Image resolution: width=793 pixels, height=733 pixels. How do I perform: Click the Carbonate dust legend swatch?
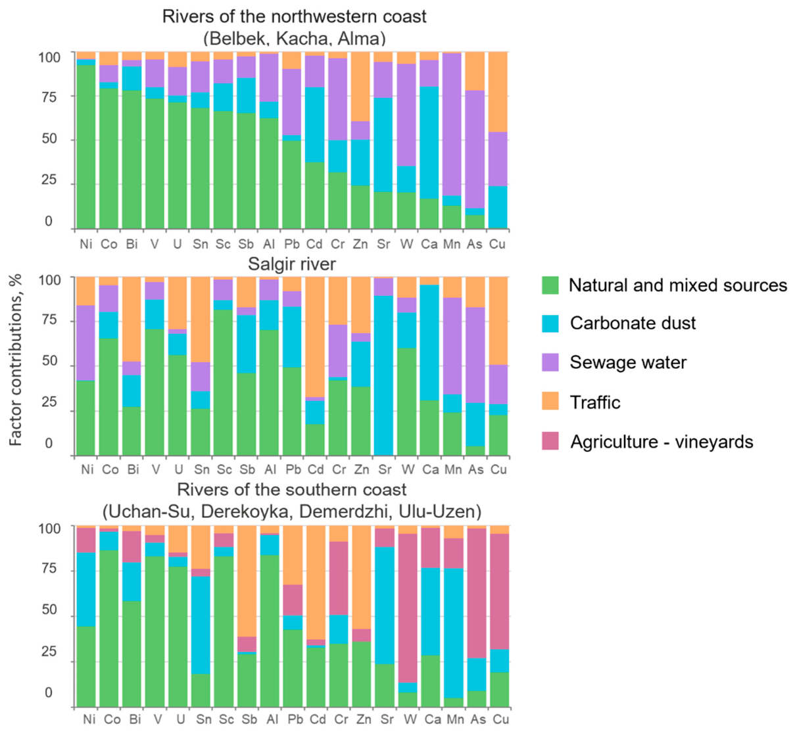coord(550,323)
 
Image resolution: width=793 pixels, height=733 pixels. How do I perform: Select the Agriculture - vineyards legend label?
coord(661,442)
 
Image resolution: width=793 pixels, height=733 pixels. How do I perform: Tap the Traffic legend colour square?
coord(550,402)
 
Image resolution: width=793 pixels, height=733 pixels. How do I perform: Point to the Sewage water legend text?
coord(628,362)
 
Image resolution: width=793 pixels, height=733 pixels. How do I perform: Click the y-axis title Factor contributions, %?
coord(16,360)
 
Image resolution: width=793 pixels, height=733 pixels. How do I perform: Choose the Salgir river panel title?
coord(292,264)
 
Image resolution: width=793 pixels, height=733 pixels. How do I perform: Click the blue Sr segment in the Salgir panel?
coord(384,375)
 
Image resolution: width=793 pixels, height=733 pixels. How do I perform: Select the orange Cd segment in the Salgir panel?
coord(316,337)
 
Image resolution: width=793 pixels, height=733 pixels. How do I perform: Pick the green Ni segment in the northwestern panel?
coord(86,147)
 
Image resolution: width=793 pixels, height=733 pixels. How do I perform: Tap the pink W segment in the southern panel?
coord(408,609)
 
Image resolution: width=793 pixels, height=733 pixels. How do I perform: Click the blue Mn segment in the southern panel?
coord(454,633)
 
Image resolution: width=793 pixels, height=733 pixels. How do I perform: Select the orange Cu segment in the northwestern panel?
coord(497,92)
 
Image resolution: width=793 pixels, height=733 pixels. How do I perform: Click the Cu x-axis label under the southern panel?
coord(500,719)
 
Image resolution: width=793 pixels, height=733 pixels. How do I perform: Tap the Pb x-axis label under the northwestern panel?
coord(291,243)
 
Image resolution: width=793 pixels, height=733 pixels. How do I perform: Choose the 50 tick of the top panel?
coord(49,139)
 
